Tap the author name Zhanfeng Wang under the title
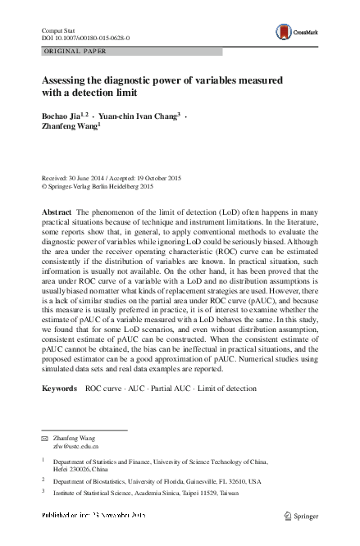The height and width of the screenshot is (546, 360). pos(69,128)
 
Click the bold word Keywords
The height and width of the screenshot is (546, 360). pos(59,388)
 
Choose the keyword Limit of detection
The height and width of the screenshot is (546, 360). pos(226,388)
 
